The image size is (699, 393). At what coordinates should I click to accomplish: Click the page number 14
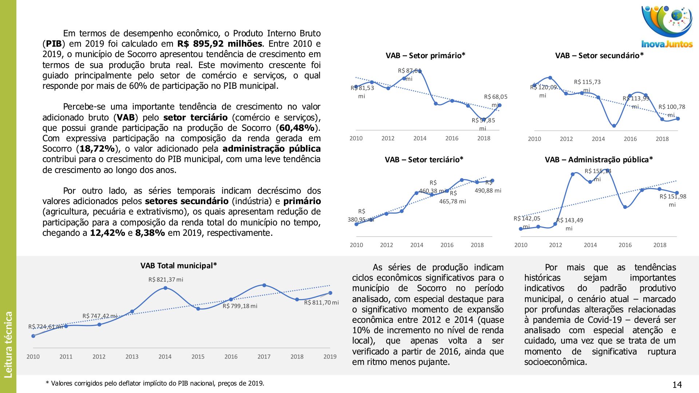(677, 385)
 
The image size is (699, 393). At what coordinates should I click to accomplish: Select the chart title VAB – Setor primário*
(425, 56)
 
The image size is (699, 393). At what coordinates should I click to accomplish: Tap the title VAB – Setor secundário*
(599, 56)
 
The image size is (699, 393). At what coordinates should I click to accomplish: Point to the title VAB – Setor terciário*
(424, 160)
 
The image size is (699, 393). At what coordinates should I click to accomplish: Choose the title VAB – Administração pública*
(599, 160)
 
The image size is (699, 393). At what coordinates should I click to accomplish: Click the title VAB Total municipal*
(178, 266)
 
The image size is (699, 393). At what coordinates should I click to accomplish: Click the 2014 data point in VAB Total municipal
(165, 288)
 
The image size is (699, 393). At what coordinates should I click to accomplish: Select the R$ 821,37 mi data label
(166, 279)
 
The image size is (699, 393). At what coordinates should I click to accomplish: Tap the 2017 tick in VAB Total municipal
(264, 357)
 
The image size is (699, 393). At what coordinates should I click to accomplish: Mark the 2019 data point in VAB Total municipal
(330, 293)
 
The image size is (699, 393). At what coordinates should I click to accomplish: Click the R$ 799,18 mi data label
(240, 306)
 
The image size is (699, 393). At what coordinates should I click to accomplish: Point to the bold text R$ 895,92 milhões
(220, 44)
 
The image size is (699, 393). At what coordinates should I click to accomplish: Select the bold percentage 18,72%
(97, 149)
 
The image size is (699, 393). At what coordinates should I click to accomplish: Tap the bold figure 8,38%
(150, 233)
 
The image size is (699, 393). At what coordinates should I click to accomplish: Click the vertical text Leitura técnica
(8, 344)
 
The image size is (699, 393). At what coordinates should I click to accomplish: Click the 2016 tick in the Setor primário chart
(452, 138)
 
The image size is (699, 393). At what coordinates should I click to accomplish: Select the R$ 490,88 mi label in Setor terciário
(488, 190)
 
